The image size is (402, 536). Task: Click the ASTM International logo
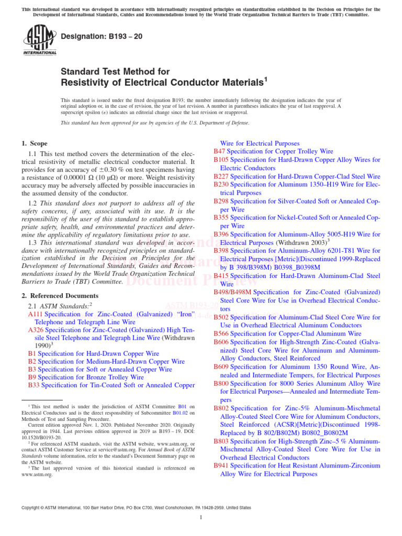click(39, 40)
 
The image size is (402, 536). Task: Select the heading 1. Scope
click(34, 143)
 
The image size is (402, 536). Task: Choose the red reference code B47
click(219, 151)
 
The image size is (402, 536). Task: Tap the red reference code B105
click(221, 160)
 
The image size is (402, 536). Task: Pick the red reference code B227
click(221, 176)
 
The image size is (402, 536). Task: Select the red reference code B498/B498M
click(232, 292)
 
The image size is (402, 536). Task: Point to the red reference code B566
click(221, 333)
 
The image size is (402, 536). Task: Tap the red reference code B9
click(32, 377)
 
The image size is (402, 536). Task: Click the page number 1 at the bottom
click(201, 518)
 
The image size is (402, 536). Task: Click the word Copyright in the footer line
click(31, 508)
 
